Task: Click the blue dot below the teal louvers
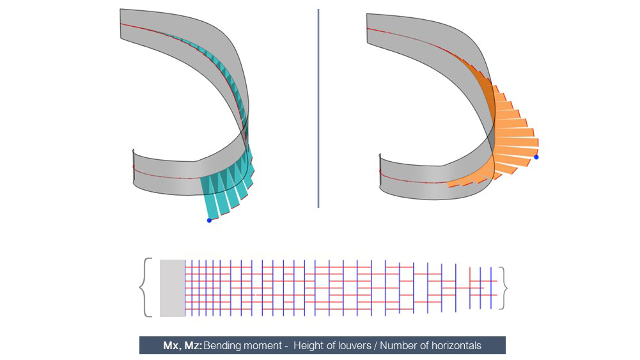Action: coord(209,221)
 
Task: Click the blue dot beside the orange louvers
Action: coord(536,157)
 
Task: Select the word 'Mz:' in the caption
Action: coord(193,346)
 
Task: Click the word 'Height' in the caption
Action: coord(308,346)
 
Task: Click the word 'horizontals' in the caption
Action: coord(457,346)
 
